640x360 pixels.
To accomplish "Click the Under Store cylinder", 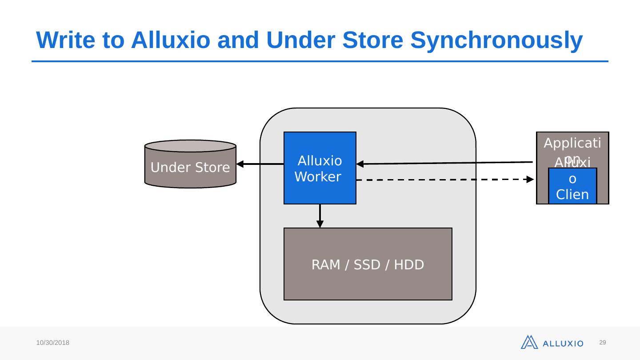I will (x=190, y=165).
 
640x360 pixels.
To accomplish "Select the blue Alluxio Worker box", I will (x=320, y=168).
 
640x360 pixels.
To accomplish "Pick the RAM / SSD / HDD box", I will (x=368, y=264).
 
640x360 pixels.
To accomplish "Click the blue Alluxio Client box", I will (x=572, y=186).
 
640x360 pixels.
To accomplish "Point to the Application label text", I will (x=572, y=144).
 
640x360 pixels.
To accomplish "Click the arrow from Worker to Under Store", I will (x=260, y=164).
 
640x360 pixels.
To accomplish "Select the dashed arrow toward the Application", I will (x=444, y=180).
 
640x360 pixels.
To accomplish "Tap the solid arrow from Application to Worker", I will (x=444, y=163).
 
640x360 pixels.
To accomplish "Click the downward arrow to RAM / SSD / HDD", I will (x=320, y=216).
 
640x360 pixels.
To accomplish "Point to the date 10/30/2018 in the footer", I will (x=53, y=343).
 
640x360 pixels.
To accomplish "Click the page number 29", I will (x=603, y=342).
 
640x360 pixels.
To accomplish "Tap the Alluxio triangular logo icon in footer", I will (x=529, y=342).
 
